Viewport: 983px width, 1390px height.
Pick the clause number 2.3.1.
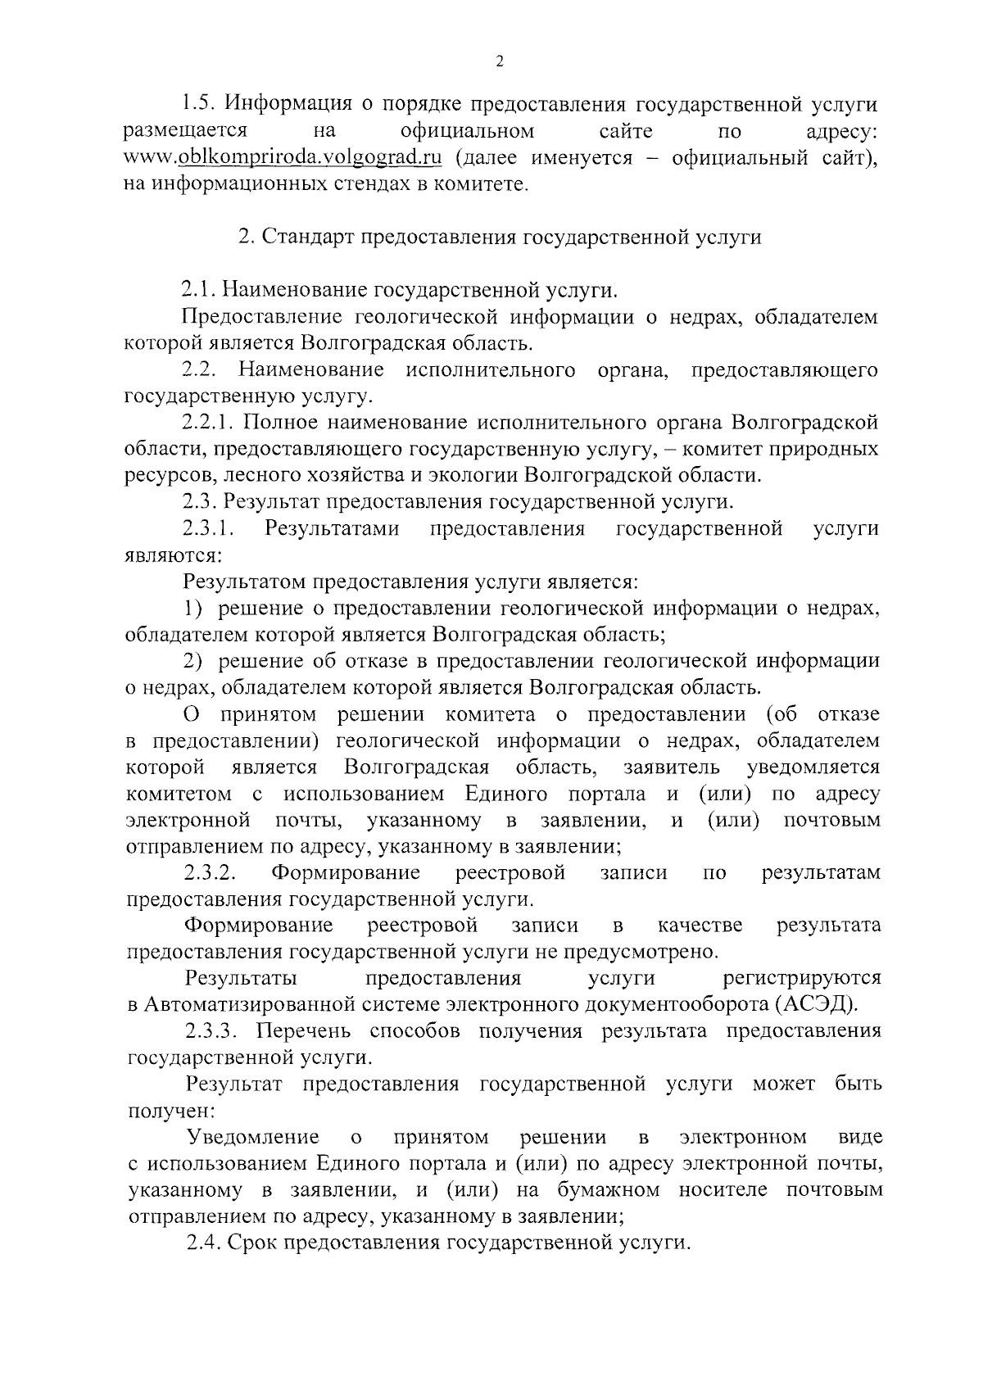click(x=209, y=528)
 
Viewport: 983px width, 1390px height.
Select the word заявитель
click(x=672, y=767)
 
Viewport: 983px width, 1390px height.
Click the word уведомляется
click(x=813, y=767)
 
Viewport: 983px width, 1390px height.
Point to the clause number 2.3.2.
click(x=211, y=873)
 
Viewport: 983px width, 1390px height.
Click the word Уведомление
click(x=253, y=1137)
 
